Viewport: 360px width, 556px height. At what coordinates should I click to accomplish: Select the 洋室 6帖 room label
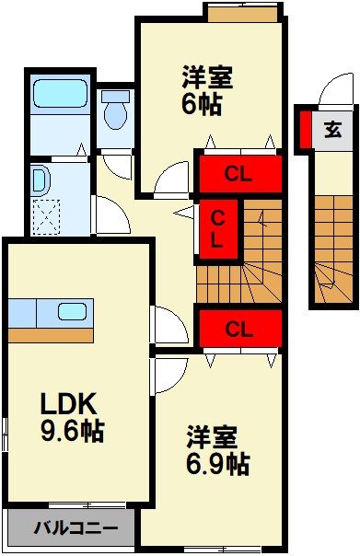(x=206, y=88)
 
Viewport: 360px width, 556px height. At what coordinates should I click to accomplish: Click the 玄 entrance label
(x=332, y=130)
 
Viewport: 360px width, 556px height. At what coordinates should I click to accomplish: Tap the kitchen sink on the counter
(x=72, y=311)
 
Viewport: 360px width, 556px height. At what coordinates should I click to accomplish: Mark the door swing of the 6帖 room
(x=172, y=182)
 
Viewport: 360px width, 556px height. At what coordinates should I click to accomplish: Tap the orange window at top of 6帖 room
(x=242, y=15)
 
